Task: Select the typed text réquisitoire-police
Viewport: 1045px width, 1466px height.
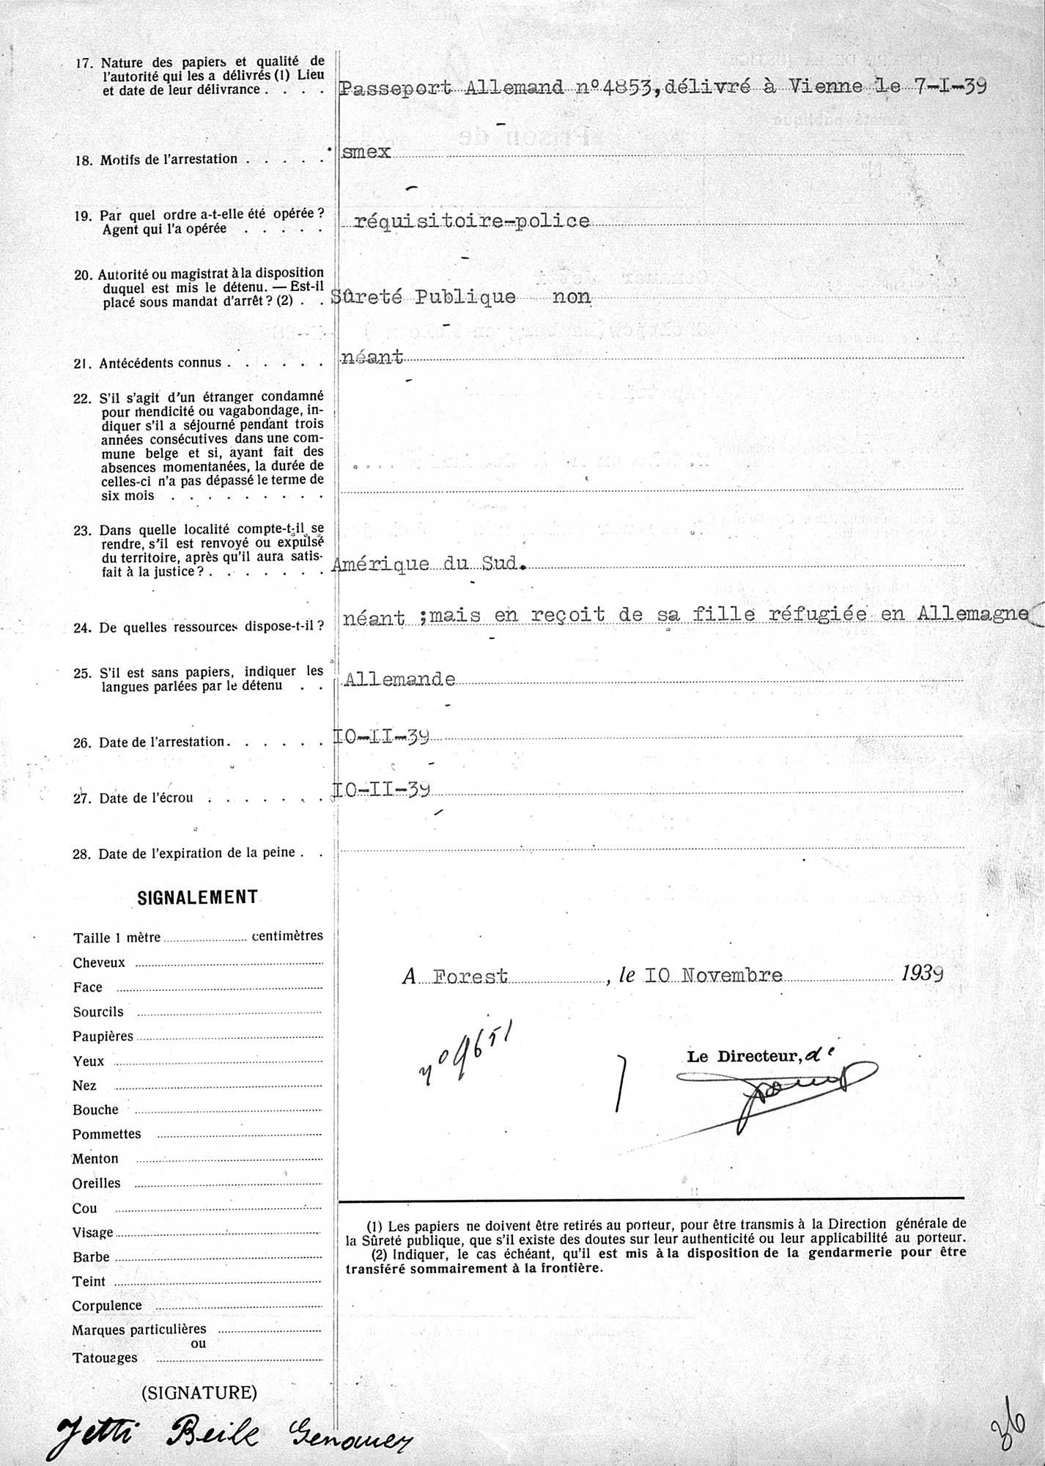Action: click(x=471, y=221)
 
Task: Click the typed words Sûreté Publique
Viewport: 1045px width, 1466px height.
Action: click(x=424, y=297)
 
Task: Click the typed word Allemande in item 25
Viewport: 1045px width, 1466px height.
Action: click(x=399, y=679)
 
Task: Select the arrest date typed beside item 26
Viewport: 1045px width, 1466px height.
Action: click(x=382, y=737)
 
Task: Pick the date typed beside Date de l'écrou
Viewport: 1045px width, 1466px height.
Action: click(x=382, y=789)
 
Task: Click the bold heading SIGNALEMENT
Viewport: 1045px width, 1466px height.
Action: click(x=198, y=897)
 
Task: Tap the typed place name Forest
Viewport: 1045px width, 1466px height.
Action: click(x=470, y=976)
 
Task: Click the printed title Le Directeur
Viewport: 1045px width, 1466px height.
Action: click(x=742, y=1056)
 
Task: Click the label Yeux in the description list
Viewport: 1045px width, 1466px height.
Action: click(x=88, y=1061)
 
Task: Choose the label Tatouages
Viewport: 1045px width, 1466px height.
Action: click(x=104, y=1358)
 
